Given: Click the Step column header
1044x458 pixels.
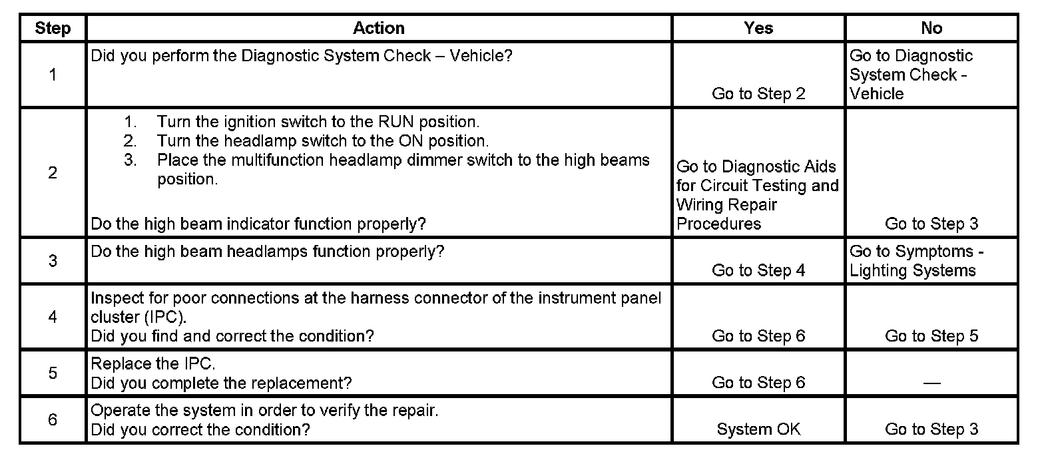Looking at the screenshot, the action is (x=53, y=29).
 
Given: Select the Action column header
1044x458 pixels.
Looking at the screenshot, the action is (x=378, y=29).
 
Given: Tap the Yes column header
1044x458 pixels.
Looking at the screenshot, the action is (x=758, y=29).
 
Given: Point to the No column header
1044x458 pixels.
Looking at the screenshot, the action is (x=931, y=29).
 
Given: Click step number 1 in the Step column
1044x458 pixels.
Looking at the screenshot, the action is (x=53, y=75).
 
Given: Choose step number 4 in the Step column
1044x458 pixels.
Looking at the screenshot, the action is (x=53, y=317).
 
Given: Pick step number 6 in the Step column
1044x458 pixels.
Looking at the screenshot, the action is (x=53, y=420).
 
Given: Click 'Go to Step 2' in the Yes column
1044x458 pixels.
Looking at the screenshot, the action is (x=758, y=94).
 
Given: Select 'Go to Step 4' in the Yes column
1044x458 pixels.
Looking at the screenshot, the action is (x=758, y=270).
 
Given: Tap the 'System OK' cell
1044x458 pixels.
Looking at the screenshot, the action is (x=758, y=429).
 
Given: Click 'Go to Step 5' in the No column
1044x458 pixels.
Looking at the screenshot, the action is (x=931, y=336).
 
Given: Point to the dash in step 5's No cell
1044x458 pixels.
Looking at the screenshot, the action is (x=931, y=383).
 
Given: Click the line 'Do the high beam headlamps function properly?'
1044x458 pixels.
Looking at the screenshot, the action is (x=268, y=252).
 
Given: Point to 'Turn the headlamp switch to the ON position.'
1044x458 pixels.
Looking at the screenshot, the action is (x=322, y=141).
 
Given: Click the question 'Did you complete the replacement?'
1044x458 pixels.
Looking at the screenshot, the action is (x=221, y=383).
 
